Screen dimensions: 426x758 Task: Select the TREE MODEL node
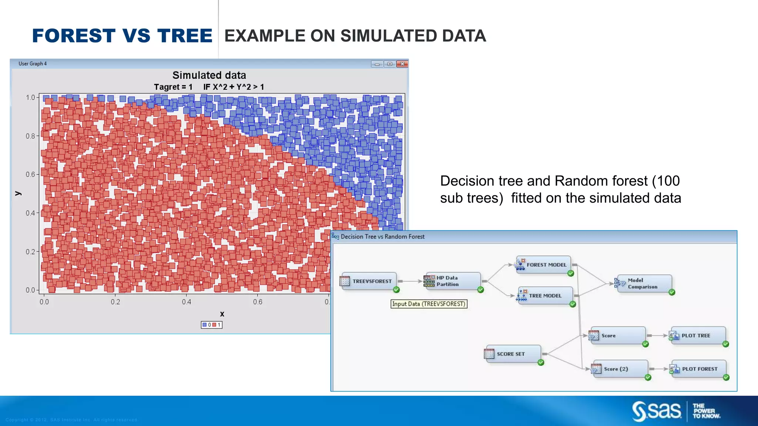point(545,296)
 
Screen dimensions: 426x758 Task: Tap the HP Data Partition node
point(452,281)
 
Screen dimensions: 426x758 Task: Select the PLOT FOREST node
point(698,369)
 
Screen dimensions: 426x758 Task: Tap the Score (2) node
point(620,369)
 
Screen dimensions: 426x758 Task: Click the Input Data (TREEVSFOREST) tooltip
point(429,304)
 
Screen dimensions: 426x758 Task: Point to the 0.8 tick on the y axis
point(30,136)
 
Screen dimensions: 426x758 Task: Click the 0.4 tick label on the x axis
point(187,302)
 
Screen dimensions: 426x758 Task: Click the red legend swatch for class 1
point(214,325)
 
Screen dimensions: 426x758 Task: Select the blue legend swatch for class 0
point(204,325)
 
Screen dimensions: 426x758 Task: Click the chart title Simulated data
point(209,75)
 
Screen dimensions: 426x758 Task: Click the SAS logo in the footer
point(657,411)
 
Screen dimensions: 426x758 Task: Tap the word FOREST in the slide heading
point(74,36)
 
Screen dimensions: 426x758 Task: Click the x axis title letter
point(222,314)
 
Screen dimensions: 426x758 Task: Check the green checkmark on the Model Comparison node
point(672,293)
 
